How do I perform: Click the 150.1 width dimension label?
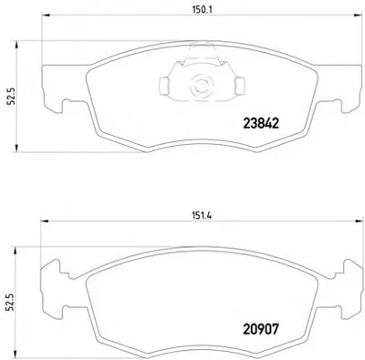point(202,10)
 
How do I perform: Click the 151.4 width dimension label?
point(202,216)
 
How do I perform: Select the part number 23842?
point(261,123)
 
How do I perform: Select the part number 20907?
point(261,329)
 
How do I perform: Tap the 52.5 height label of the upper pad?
point(12,96)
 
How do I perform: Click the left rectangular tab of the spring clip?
point(163,86)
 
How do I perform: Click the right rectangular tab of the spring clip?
point(240,86)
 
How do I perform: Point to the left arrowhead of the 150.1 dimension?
point(46,15)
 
